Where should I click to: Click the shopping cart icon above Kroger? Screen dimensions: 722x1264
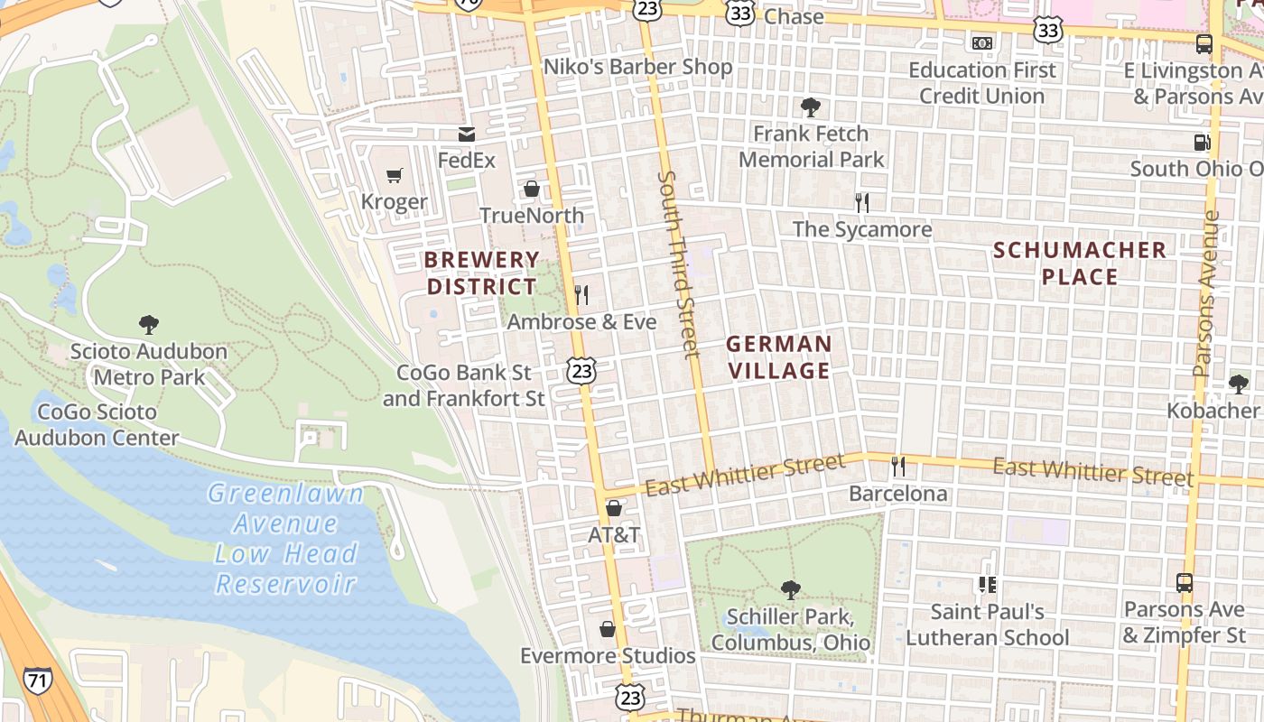(x=394, y=175)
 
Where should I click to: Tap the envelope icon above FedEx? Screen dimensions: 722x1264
(x=466, y=134)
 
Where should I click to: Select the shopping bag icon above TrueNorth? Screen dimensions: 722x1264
(x=532, y=189)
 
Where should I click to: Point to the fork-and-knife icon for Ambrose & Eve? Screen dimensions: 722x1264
(x=581, y=294)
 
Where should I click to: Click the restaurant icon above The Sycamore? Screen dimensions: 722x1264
(x=862, y=202)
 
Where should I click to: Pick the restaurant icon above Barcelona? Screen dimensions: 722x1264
(x=897, y=466)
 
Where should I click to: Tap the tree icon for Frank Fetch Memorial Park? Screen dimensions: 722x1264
(x=811, y=107)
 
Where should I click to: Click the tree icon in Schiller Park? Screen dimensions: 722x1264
(x=790, y=590)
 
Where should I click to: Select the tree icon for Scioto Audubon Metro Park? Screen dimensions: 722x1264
(x=149, y=324)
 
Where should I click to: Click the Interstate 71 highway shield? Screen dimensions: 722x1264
(x=38, y=681)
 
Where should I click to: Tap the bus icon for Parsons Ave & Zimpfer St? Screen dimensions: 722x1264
(x=1184, y=583)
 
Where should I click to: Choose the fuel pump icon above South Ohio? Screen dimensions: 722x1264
(x=1202, y=142)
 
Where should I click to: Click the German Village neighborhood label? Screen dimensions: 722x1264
(x=778, y=357)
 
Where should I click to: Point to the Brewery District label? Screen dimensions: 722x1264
(x=481, y=273)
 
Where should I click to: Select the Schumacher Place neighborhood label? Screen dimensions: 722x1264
(x=1080, y=263)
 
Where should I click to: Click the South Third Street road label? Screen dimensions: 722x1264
(x=679, y=264)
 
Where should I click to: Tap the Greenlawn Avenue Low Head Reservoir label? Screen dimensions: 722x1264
(x=285, y=538)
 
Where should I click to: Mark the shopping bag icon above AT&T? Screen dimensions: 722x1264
(x=614, y=508)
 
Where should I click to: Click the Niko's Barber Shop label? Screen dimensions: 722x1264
(x=637, y=67)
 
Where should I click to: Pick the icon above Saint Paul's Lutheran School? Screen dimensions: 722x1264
(x=987, y=585)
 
